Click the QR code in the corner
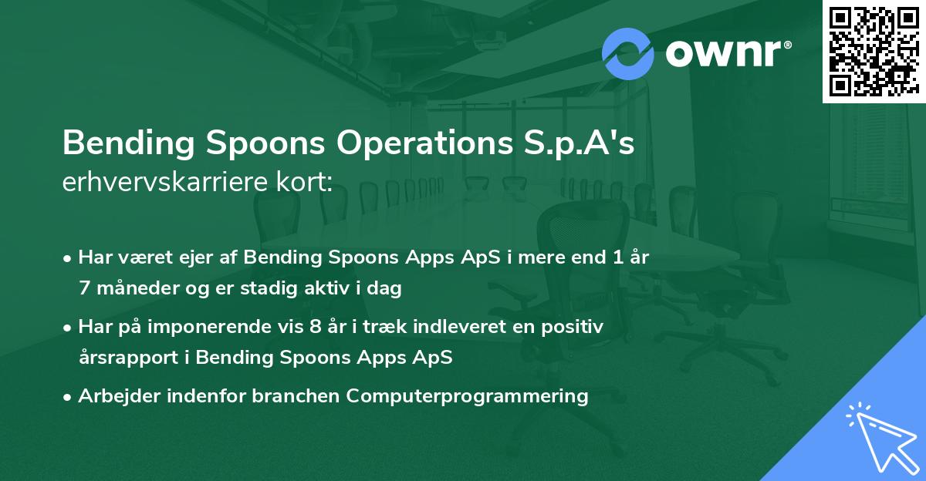click(873, 51)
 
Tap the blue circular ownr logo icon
click(628, 52)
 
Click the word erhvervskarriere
click(167, 183)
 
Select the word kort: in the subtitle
click(305, 183)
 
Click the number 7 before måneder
click(83, 289)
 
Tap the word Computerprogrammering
click(468, 396)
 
